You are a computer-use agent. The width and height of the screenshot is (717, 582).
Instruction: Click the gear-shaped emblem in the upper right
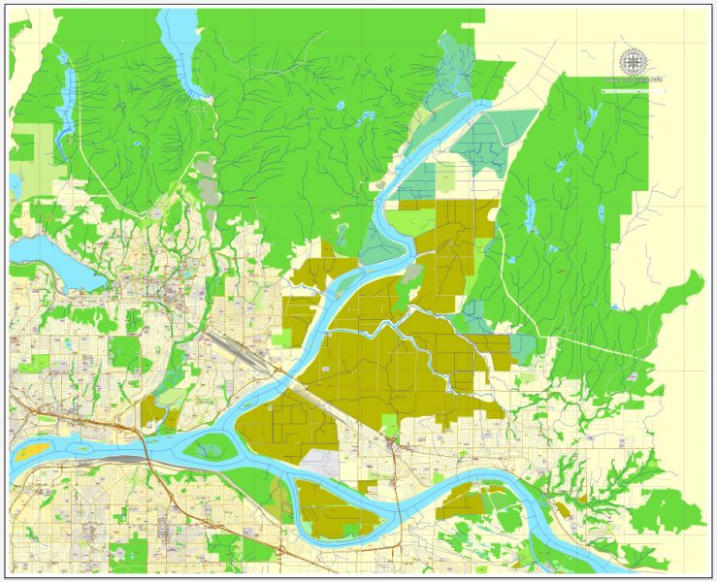click(633, 61)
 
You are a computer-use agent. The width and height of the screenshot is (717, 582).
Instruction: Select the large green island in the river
click(212, 447)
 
